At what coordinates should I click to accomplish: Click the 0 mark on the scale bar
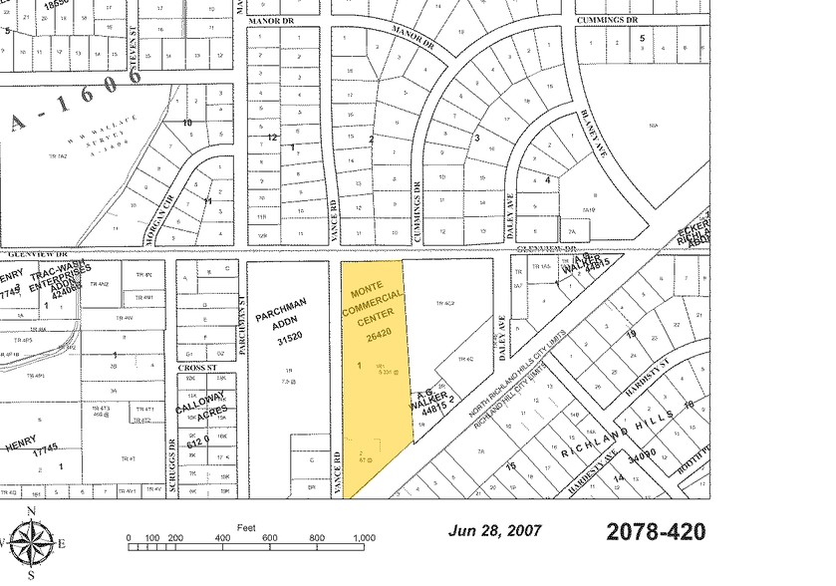[129, 538]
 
